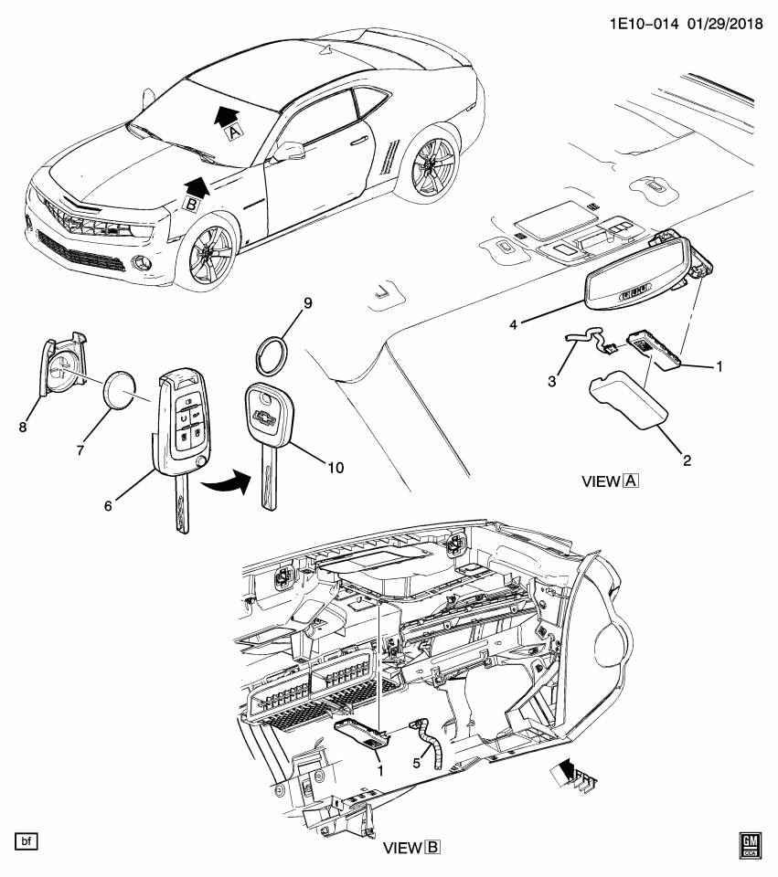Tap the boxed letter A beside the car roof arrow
(x=234, y=132)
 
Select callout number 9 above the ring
(x=308, y=303)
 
